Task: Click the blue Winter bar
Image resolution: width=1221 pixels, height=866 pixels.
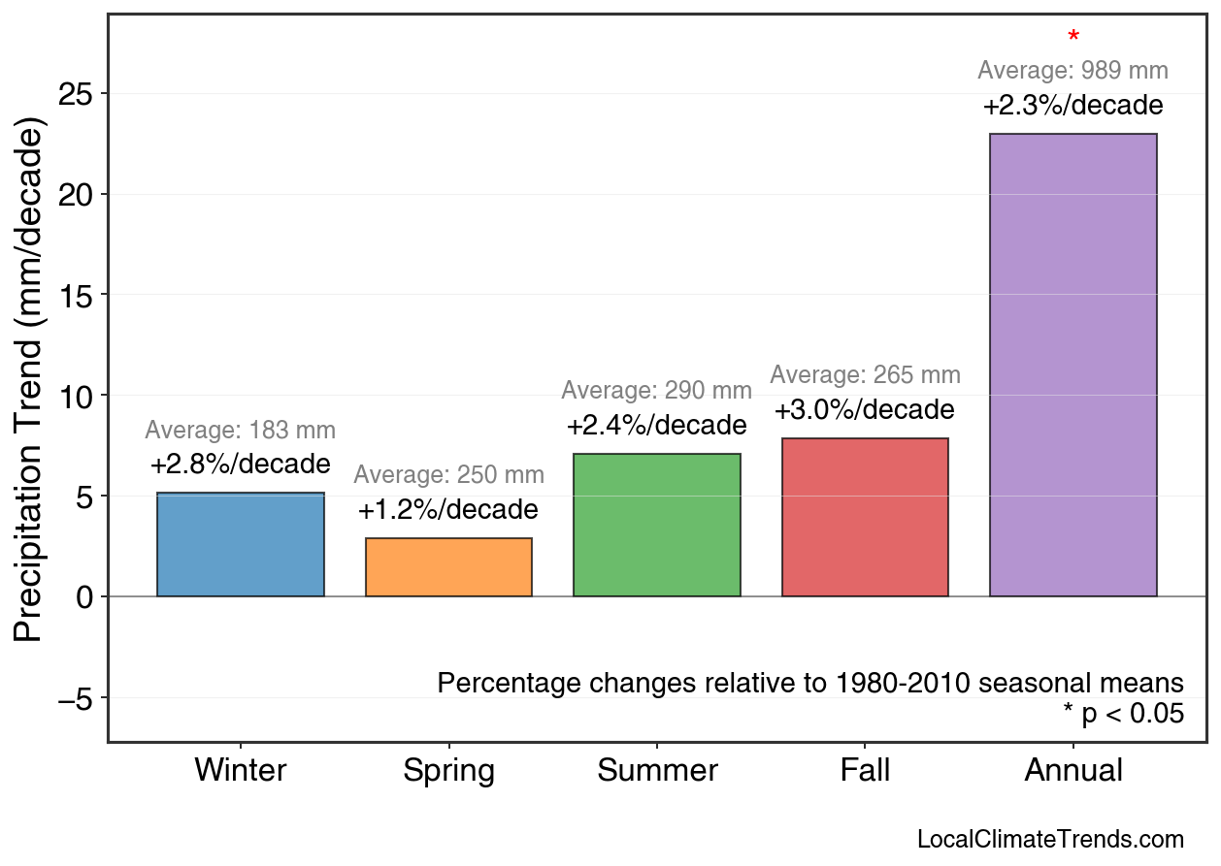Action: coord(241,545)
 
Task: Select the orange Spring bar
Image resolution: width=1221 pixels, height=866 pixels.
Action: coord(448,567)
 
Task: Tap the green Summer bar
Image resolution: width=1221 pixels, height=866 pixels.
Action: coord(657,525)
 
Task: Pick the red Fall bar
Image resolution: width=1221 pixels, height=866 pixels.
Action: coord(865,517)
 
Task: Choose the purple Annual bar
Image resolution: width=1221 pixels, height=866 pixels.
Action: coord(1072,365)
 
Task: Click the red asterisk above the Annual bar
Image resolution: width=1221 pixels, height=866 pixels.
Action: coord(1072,38)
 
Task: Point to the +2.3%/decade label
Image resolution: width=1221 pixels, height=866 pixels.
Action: coord(1072,106)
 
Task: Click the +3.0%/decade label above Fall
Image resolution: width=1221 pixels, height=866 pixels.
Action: coord(865,410)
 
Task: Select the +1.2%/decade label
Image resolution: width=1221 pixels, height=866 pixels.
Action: coord(448,510)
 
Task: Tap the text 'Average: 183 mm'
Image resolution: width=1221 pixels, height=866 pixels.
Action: coord(241,432)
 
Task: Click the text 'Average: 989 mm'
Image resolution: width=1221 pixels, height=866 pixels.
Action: coord(1072,71)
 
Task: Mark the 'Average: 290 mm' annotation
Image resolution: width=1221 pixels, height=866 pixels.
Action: coord(657,391)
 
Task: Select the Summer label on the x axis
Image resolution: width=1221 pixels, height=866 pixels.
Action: coord(657,771)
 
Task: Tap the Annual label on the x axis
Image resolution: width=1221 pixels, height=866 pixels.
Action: coord(1072,771)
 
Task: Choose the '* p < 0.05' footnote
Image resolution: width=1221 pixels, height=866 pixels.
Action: coord(1123,715)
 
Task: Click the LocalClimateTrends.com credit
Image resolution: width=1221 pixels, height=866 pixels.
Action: coord(1050,840)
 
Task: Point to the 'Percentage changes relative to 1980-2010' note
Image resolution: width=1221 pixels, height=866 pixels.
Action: coord(810,683)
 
